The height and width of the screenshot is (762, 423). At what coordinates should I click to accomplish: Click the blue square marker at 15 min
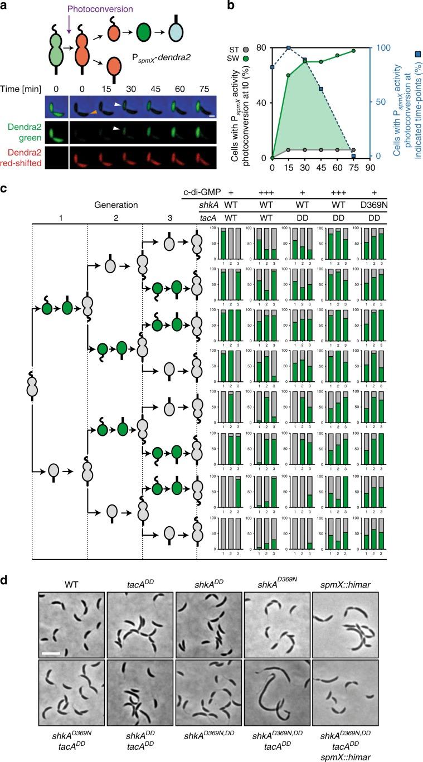(289, 48)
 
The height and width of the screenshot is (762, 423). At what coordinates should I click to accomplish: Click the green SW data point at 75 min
(353, 51)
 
